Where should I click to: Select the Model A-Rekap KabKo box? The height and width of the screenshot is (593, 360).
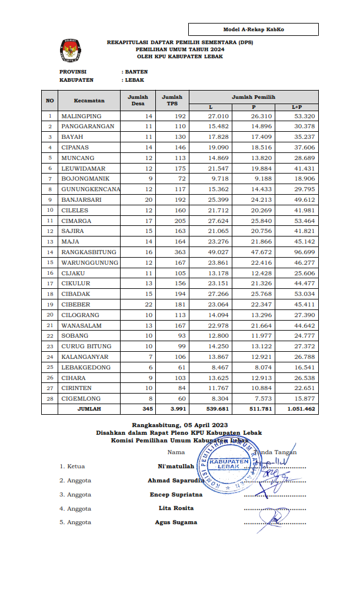pyautogui.click(x=254, y=29)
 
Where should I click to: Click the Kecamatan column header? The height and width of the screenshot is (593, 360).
pyautogui.click(x=89, y=101)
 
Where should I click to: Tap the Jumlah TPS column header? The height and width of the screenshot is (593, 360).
pyautogui.click(x=172, y=101)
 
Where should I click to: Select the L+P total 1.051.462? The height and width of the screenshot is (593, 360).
pyautogui.click(x=302, y=408)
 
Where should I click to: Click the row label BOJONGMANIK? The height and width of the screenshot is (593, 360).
pyautogui.click(x=86, y=178)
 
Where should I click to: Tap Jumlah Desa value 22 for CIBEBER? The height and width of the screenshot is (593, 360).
pyautogui.click(x=148, y=304)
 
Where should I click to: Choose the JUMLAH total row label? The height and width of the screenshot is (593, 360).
pyautogui.click(x=89, y=408)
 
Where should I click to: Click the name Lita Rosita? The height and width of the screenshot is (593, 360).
pyautogui.click(x=176, y=508)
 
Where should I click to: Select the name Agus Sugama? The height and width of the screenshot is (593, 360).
pyautogui.click(x=176, y=522)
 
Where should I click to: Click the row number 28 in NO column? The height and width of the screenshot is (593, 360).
pyautogui.click(x=50, y=398)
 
